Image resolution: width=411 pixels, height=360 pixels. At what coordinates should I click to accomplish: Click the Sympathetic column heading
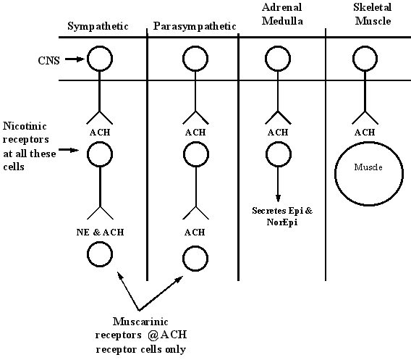(98, 26)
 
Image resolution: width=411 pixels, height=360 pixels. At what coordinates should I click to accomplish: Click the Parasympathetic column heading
(195, 26)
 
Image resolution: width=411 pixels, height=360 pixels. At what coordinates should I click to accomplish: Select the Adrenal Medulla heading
(282, 14)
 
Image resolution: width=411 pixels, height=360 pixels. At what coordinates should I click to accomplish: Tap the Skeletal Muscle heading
(373, 14)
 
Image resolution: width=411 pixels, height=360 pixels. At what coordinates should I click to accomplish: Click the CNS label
(48, 61)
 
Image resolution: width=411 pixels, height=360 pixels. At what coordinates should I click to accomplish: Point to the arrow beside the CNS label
(75, 59)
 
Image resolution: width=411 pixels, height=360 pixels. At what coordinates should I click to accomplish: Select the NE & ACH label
(100, 233)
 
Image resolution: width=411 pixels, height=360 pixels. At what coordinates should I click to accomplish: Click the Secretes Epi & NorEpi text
(282, 217)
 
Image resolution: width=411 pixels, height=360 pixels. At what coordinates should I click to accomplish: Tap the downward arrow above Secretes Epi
(278, 184)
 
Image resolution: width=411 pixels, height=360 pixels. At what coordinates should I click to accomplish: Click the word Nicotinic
(25, 126)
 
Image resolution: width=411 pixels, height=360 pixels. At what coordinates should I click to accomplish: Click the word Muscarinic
(140, 322)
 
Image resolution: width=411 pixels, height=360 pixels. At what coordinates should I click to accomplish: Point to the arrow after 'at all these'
(69, 150)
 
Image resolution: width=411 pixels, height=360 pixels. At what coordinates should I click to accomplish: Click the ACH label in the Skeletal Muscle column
(365, 133)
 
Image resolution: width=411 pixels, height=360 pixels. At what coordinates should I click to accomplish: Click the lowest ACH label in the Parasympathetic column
(195, 233)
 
